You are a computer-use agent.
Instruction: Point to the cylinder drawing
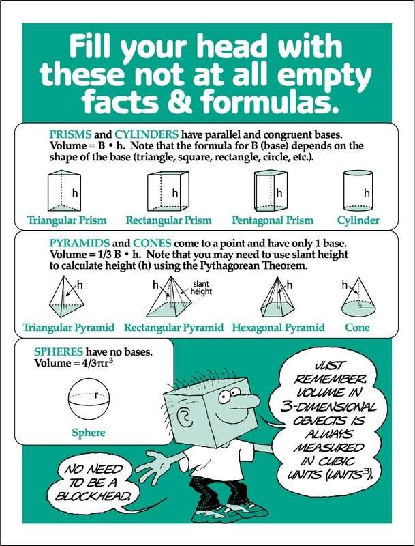tap(357, 190)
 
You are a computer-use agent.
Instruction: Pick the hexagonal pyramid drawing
tap(273, 298)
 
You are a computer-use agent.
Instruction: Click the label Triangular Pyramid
tap(68, 328)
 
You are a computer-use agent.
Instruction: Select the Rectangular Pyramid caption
tap(174, 328)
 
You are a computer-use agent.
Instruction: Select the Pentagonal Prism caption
tap(273, 220)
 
